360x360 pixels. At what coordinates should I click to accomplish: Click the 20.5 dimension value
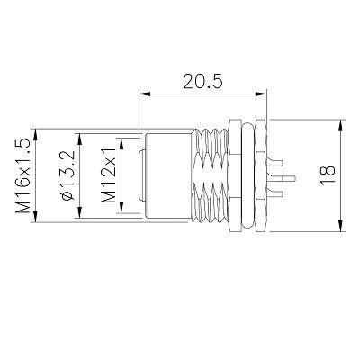(203, 81)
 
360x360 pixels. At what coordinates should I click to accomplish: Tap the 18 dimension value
(328, 175)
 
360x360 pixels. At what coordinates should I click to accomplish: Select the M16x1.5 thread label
(23, 176)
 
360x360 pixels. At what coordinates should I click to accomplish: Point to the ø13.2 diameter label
(67, 175)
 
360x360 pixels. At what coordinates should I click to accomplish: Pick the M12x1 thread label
(108, 175)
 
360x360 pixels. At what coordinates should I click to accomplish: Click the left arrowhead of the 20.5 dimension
(145, 94)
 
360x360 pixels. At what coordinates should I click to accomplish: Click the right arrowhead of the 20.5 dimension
(261, 94)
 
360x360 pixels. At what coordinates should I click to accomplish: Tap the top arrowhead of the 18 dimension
(340, 126)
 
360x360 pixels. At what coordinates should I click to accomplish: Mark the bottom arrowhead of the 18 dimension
(340, 226)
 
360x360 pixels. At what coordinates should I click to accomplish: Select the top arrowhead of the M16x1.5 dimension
(35, 135)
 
